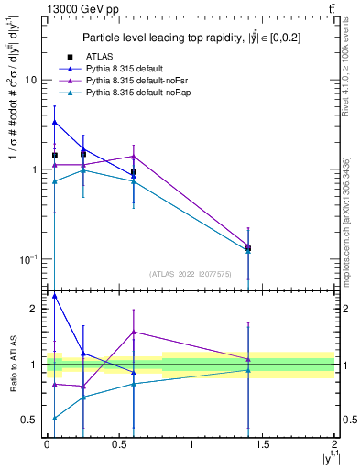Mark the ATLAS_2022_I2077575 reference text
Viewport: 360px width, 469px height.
(x=191, y=274)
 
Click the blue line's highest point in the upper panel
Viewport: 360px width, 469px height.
(x=55, y=122)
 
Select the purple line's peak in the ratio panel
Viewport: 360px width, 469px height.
(x=134, y=332)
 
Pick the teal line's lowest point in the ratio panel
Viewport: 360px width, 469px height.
(x=55, y=418)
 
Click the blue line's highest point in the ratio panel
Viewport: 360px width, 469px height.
(x=55, y=296)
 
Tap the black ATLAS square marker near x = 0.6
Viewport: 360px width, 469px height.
(x=134, y=172)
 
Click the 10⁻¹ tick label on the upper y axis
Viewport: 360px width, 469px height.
(x=27, y=260)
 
